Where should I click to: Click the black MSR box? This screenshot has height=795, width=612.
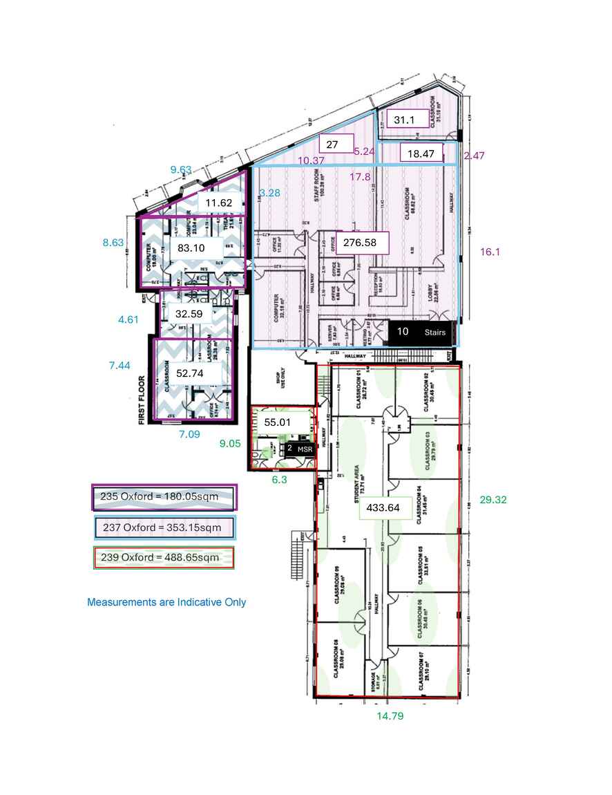[x=298, y=449]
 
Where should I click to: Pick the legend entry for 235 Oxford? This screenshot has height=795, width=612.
[x=164, y=496]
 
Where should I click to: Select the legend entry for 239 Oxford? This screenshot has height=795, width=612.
[x=164, y=557]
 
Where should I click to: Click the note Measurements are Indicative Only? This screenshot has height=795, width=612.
[x=166, y=602]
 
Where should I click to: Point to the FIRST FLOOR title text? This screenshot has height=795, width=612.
[x=144, y=400]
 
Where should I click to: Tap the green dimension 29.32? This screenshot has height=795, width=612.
[x=493, y=499]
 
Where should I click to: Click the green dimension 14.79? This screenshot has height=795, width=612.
[x=390, y=716]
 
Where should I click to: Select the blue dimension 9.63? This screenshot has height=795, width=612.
[x=180, y=169]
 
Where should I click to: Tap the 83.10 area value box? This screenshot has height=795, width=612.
[x=193, y=247]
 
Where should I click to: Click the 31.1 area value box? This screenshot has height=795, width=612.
[x=405, y=120]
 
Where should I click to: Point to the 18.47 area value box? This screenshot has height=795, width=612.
[x=421, y=154]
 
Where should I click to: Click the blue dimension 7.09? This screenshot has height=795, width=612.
[x=190, y=434]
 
